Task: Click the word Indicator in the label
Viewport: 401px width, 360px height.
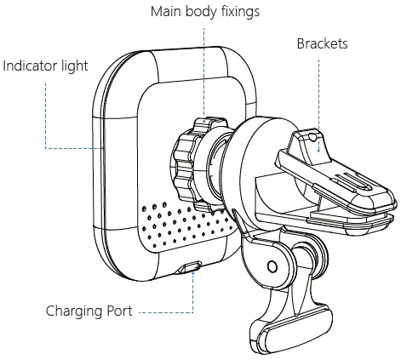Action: (31, 66)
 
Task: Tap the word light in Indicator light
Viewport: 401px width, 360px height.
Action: (73, 66)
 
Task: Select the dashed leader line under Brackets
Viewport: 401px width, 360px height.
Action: (320, 94)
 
